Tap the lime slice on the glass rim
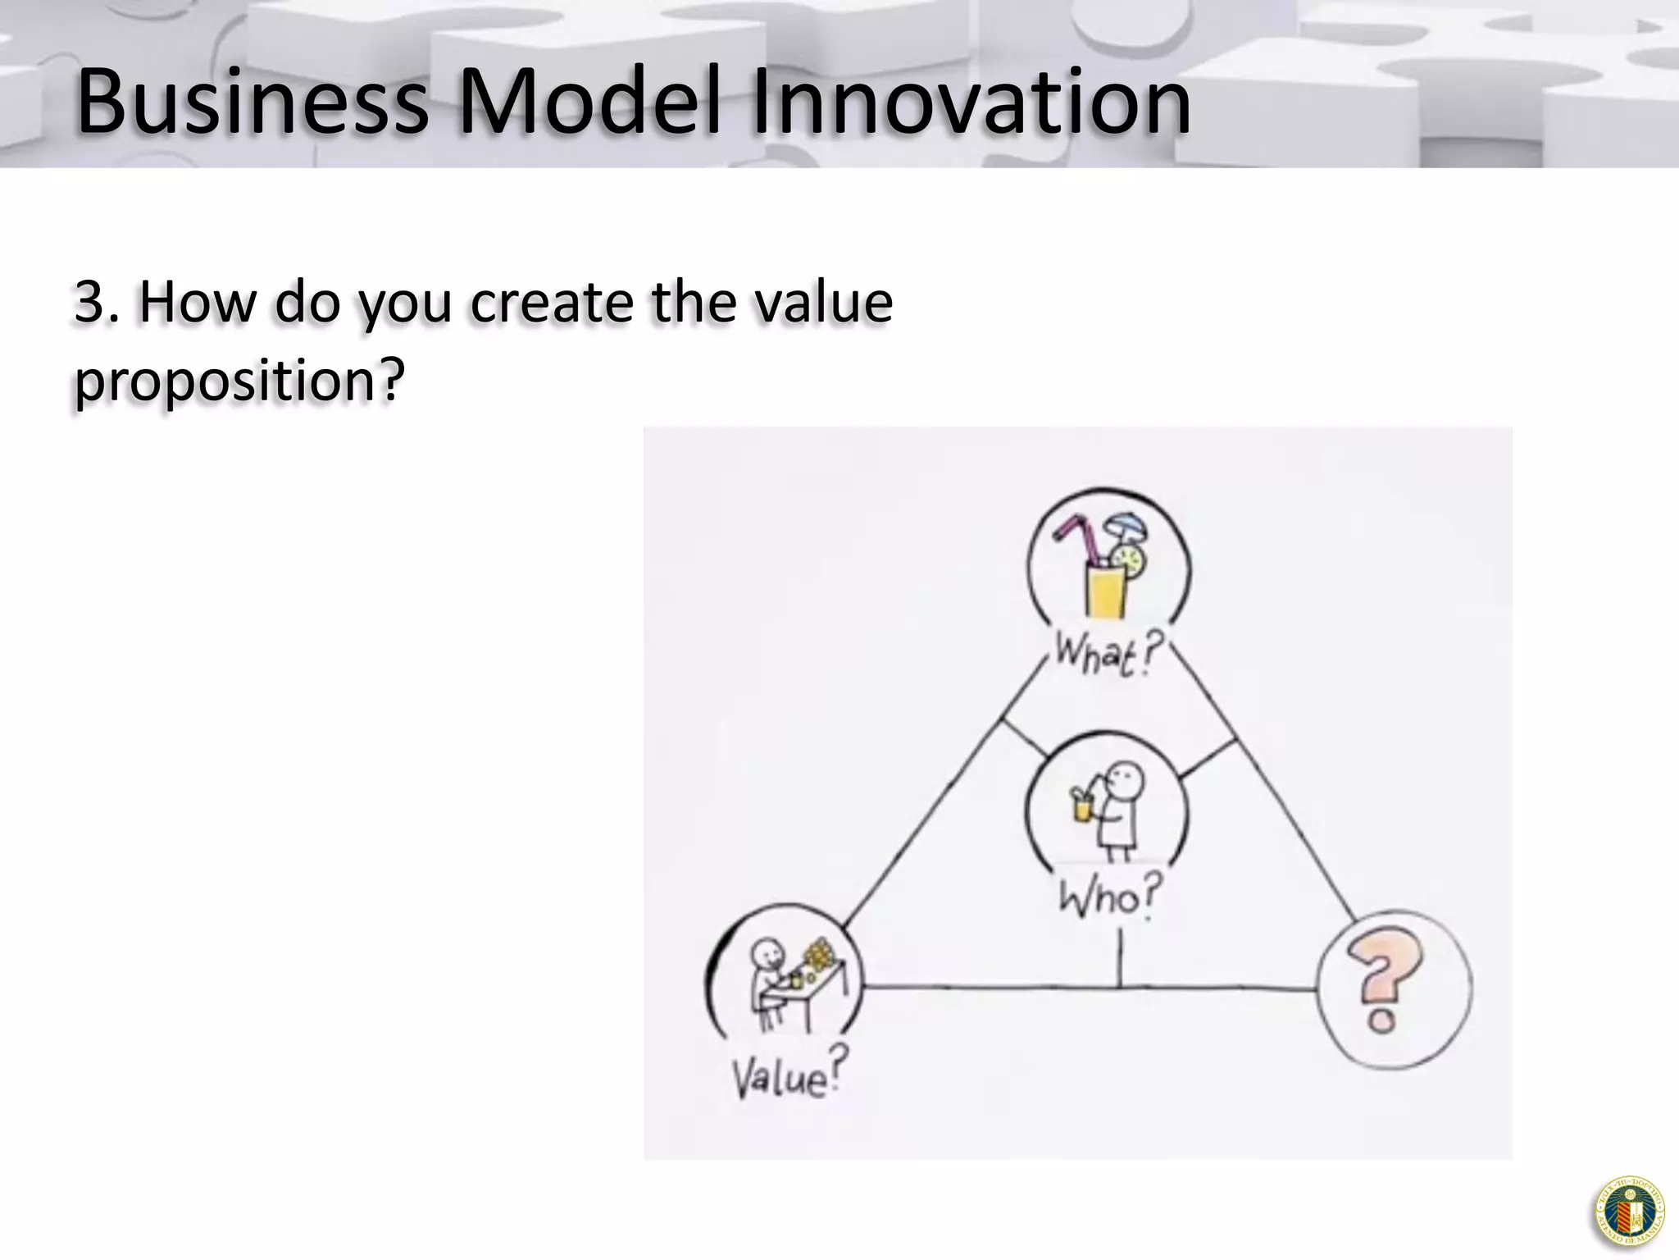point(1135,561)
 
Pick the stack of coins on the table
point(817,956)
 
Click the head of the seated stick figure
point(768,953)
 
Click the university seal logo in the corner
point(1630,1212)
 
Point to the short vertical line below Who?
point(1120,960)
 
